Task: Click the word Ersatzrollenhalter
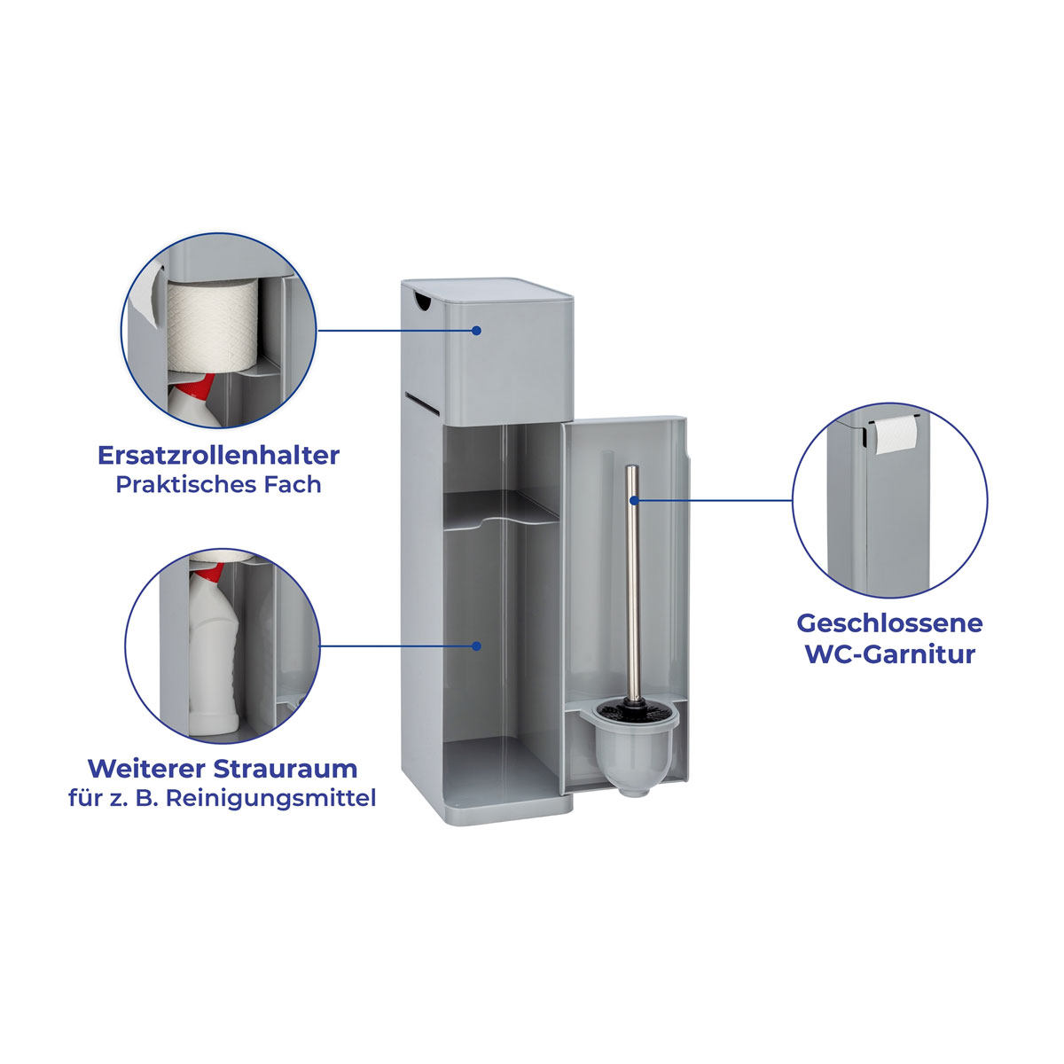pyautogui.click(x=219, y=455)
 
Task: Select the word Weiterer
pyautogui.click(x=147, y=768)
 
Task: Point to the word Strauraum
pyautogui.click(x=286, y=768)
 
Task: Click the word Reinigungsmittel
pyautogui.click(x=271, y=798)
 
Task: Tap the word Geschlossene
pyautogui.click(x=889, y=624)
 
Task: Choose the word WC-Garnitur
pyautogui.click(x=889, y=654)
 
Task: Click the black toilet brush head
pyautogui.click(x=635, y=712)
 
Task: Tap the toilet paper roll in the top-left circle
pyautogui.click(x=212, y=325)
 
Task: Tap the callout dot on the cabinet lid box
pyautogui.click(x=476, y=330)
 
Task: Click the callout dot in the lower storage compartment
pyautogui.click(x=476, y=645)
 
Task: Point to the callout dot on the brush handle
pyautogui.click(x=635, y=500)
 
